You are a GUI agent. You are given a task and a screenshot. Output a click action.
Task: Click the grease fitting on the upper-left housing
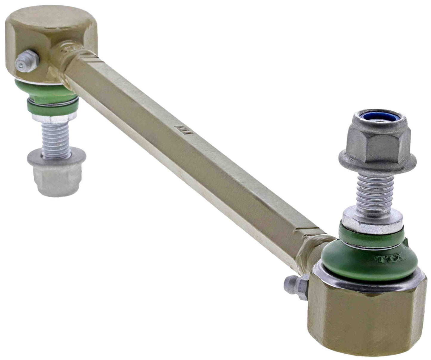pyautogui.click(x=26, y=61)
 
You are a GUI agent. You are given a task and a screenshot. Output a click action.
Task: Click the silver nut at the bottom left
pyautogui.click(x=57, y=179)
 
